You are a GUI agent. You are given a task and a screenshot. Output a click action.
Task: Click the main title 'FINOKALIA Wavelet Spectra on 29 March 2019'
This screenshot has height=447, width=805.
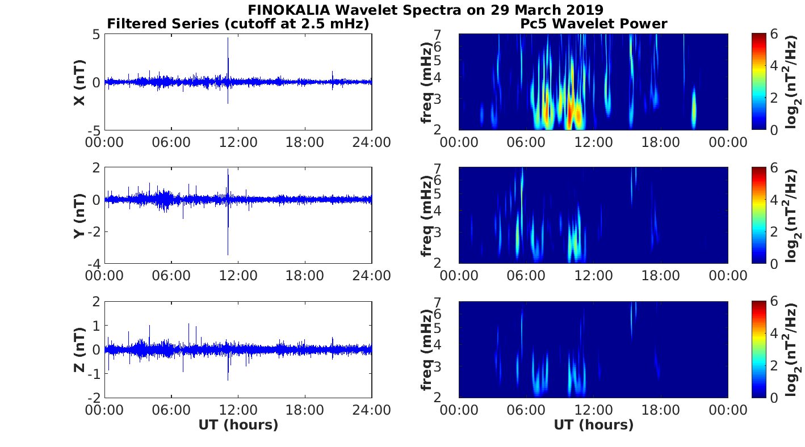click(425, 10)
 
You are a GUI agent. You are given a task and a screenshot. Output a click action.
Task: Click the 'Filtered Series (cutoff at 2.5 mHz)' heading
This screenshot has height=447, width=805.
click(238, 24)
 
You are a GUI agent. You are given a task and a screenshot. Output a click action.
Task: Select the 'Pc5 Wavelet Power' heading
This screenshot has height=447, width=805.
click(593, 24)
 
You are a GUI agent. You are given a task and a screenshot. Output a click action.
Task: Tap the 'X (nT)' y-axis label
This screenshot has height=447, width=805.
click(79, 82)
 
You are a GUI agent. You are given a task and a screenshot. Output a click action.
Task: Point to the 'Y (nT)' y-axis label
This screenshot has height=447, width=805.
click(79, 216)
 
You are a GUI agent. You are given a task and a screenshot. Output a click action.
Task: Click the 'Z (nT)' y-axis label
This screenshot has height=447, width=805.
click(79, 349)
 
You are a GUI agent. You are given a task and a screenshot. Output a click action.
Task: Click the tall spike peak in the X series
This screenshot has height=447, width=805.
click(228, 39)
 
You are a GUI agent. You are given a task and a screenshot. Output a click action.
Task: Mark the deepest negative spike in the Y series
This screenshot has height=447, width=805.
click(228, 254)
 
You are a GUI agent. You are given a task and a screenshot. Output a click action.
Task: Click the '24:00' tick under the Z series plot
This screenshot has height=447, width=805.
click(371, 410)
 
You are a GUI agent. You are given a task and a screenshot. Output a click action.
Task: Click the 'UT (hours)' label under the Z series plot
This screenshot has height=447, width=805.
click(238, 425)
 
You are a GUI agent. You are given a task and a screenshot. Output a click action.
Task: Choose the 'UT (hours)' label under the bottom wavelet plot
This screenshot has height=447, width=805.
click(593, 425)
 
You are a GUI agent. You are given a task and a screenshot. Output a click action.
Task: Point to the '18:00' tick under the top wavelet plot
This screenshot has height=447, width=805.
click(660, 142)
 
